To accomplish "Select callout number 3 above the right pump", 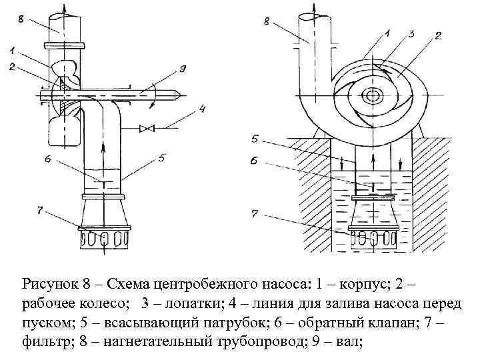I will [411, 33].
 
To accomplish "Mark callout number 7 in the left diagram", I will [40, 211].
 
